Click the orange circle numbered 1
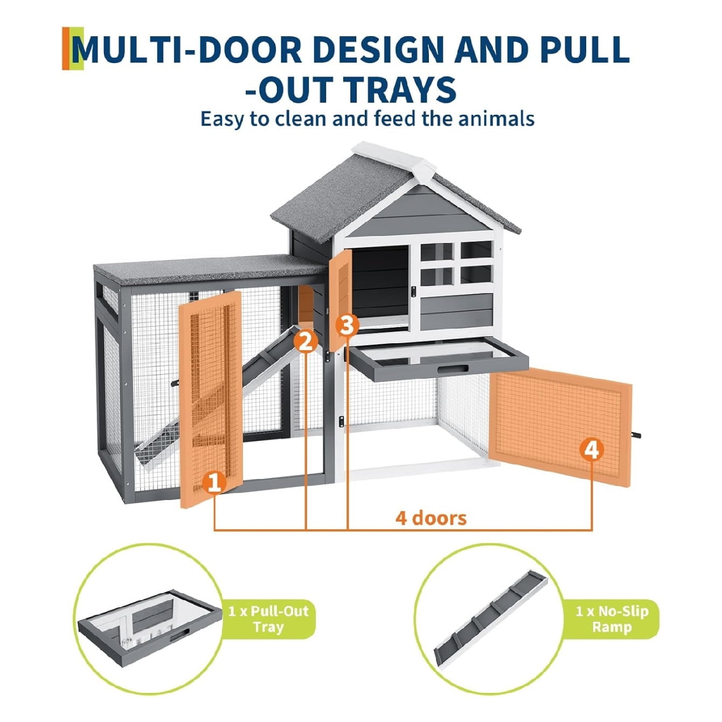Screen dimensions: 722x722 tap(214, 483)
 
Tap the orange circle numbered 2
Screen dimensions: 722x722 tap(306, 342)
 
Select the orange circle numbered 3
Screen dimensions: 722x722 tap(348, 325)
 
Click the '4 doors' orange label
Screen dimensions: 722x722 tap(431, 518)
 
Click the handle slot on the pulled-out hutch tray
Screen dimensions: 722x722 tap(453, 370)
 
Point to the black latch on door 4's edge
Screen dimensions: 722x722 tap(635, 435)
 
